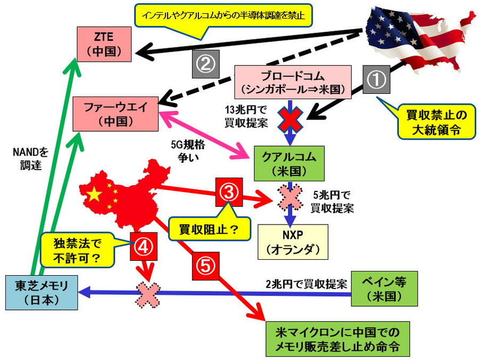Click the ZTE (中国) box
pyautogui.click(x=105, y=44)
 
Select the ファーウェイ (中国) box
pyautogui.click(x=115, y=114)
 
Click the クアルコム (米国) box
pyautogui.click(x=289, y=164)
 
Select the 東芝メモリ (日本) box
pyautogui.click(x=42, y=292)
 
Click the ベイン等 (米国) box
pyautogui.click(x=384, y=289)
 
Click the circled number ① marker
pyautogui.click(x=377, y=81)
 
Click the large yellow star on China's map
pyautogui.click(x=94, y=194)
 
